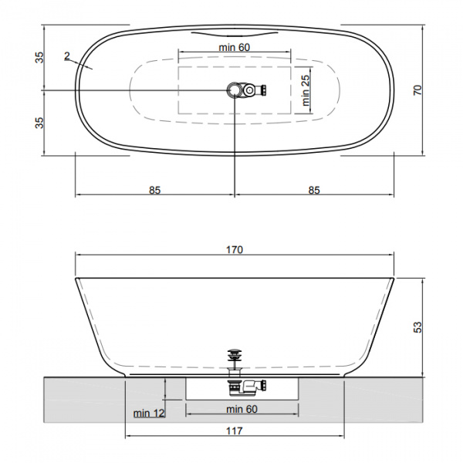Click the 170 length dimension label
click(235, 250)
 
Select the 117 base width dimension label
click(235, 431)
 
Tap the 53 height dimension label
click(417, 327)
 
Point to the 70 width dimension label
click(417, 90)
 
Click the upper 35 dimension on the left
click(39, 57)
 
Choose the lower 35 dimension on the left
click(39, 123)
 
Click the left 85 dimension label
click(154, 190)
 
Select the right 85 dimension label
click(314, 190)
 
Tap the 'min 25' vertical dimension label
click(306, 90)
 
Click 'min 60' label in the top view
click(234, 47)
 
